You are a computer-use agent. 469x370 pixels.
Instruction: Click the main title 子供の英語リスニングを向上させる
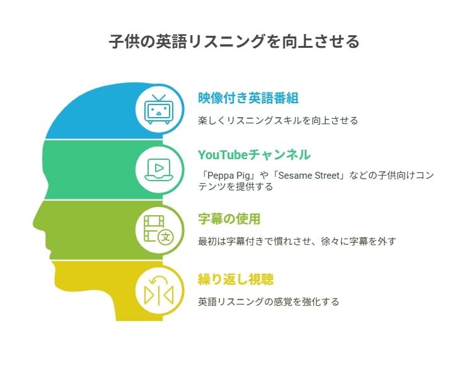point(234,41)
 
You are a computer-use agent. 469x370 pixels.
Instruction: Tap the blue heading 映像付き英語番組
point(248,98)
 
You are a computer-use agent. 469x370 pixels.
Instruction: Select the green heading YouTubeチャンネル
point(254,155)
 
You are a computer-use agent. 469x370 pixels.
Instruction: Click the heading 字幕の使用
point(229,219)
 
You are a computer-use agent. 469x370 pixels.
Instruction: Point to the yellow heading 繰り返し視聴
point(236,279)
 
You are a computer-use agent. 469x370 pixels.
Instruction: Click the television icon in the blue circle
point(158,109)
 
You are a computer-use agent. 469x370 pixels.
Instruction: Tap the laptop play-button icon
point(159,170)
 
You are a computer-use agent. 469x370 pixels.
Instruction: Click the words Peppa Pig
point(229,176)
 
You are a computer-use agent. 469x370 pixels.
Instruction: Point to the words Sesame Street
point(309,176)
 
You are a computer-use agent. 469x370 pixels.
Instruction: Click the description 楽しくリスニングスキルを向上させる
point(278,121)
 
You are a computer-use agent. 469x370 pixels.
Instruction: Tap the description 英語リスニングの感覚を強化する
point(269,301)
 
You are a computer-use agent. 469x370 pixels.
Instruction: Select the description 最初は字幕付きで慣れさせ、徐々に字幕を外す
point(297,241)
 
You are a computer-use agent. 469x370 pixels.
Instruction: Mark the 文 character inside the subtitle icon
point(166,238)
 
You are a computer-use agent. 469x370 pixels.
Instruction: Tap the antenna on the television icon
point(158,98)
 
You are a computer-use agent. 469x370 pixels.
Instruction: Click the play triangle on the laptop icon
point(159,168)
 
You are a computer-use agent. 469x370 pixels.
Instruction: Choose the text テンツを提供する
point(235,187)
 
